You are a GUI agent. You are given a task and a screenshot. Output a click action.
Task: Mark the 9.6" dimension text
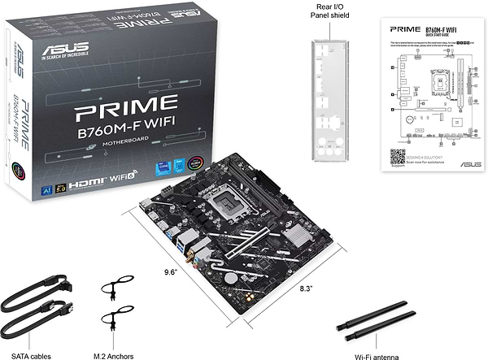tap(168, 271)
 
